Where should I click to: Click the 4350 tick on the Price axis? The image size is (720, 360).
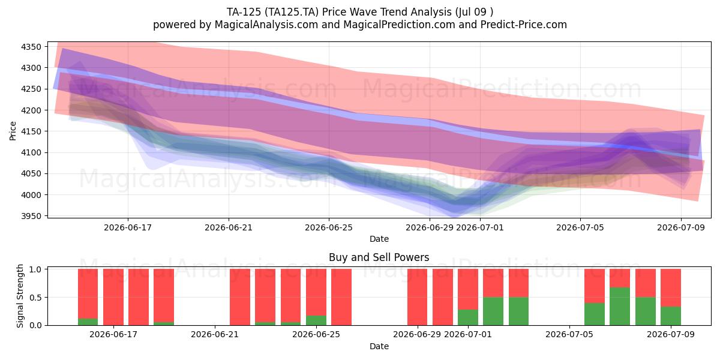click(31, 47)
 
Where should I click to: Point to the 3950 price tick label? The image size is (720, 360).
click(31, 217)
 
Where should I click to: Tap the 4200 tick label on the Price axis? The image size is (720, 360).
click(31, 110)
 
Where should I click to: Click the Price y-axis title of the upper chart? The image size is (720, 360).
click(13, 131)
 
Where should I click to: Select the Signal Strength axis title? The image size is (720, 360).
click(20, 296)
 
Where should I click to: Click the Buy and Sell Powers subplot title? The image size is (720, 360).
click(379, 257)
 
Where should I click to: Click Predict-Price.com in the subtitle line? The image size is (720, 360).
click(524, 25)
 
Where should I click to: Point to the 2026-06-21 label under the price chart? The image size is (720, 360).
click(229, 228)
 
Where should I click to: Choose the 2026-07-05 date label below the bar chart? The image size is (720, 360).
click(569, 335)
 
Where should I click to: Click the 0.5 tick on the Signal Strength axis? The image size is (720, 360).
click(35, 298)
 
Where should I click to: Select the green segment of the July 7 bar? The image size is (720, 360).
click(620, 307)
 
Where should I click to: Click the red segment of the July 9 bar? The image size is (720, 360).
click(671, 288)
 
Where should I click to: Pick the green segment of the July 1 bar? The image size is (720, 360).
click(468, 317)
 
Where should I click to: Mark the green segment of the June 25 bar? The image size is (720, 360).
click(316, 320)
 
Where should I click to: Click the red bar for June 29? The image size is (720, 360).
click(417, 297)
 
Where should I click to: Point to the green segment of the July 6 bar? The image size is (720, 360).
click(595, 314)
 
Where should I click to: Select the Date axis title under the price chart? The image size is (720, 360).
click(379, 239)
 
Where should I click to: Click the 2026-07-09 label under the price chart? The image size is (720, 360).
click(681, 228)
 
